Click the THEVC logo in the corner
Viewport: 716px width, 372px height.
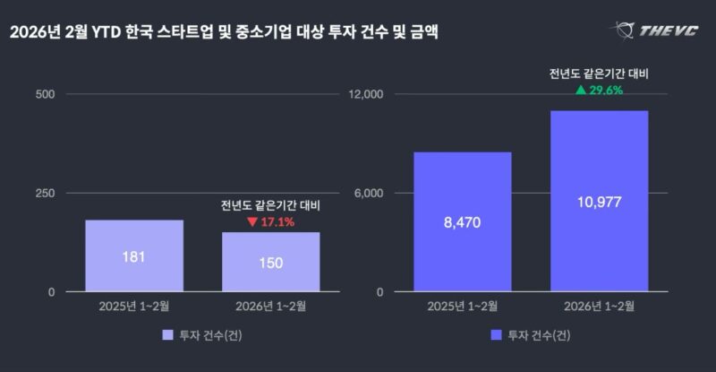[x=657, y=31]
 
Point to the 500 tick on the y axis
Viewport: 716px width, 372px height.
[x=45, y=94]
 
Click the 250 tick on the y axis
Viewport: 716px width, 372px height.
[x=45, y=194]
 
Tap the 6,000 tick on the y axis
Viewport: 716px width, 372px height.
[x=369, y=194]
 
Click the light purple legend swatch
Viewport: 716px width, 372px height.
[x=167, y=335]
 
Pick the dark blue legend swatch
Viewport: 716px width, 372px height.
[x=496, y=335]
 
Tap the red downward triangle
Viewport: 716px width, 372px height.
[x=252, y=221]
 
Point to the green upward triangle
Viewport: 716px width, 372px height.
[x=581, y=90]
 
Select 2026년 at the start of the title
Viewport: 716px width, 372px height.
[x=31, y=33]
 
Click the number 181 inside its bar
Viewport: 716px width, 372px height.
[x=134, y=257]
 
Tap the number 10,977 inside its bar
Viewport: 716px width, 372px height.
[x=599, y=203]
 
